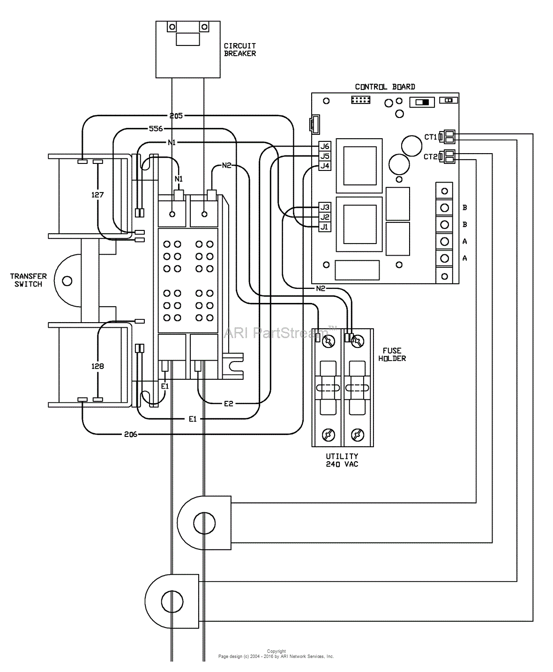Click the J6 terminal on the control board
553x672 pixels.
[325, 146]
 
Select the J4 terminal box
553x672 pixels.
[325, 166]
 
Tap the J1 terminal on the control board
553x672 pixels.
[325, 227]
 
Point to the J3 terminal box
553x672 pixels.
[325, 207]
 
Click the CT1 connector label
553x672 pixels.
[430, 137]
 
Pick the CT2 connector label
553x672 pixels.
[430, 156]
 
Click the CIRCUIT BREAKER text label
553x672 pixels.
[239, 50]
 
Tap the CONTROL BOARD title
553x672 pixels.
[385, 87]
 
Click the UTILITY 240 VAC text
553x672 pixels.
[342, 460]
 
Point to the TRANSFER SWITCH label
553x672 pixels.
[28, 280]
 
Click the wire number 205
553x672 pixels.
[176, 115]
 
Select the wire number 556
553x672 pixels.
[156, 128]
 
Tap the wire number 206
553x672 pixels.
[130, 434]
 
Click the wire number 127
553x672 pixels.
[97, 194]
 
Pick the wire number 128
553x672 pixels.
[97, 366]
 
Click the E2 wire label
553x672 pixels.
[228, 403]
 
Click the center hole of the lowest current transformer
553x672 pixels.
[169, 600]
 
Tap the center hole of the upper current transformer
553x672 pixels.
[204, 522]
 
